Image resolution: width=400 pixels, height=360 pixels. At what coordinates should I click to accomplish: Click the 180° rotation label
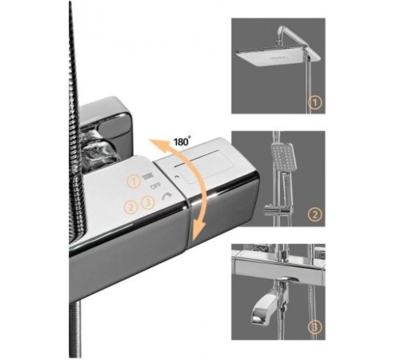click(x=182, y=141)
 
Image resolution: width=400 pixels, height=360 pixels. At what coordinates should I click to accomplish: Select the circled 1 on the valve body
click(x=134, y=182)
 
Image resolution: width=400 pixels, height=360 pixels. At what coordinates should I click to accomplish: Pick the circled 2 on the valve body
click(x=131, y=207)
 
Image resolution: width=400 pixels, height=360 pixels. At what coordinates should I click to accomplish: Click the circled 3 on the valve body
click(x=148, y=202)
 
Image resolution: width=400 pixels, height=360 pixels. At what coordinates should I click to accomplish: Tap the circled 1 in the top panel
click(x=315, y=102)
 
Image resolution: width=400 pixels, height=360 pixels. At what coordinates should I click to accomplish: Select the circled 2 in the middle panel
click(x=315, y=214)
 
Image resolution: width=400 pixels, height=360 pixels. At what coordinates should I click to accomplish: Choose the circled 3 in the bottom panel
click(x=315, y=327)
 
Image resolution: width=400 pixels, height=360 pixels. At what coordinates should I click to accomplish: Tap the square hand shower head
click(x=282, y=158)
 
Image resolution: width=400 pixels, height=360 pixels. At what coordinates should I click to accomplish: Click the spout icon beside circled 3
click(x=166, y=196)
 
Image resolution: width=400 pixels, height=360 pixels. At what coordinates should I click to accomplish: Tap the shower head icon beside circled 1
click(x=147, y=176)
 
